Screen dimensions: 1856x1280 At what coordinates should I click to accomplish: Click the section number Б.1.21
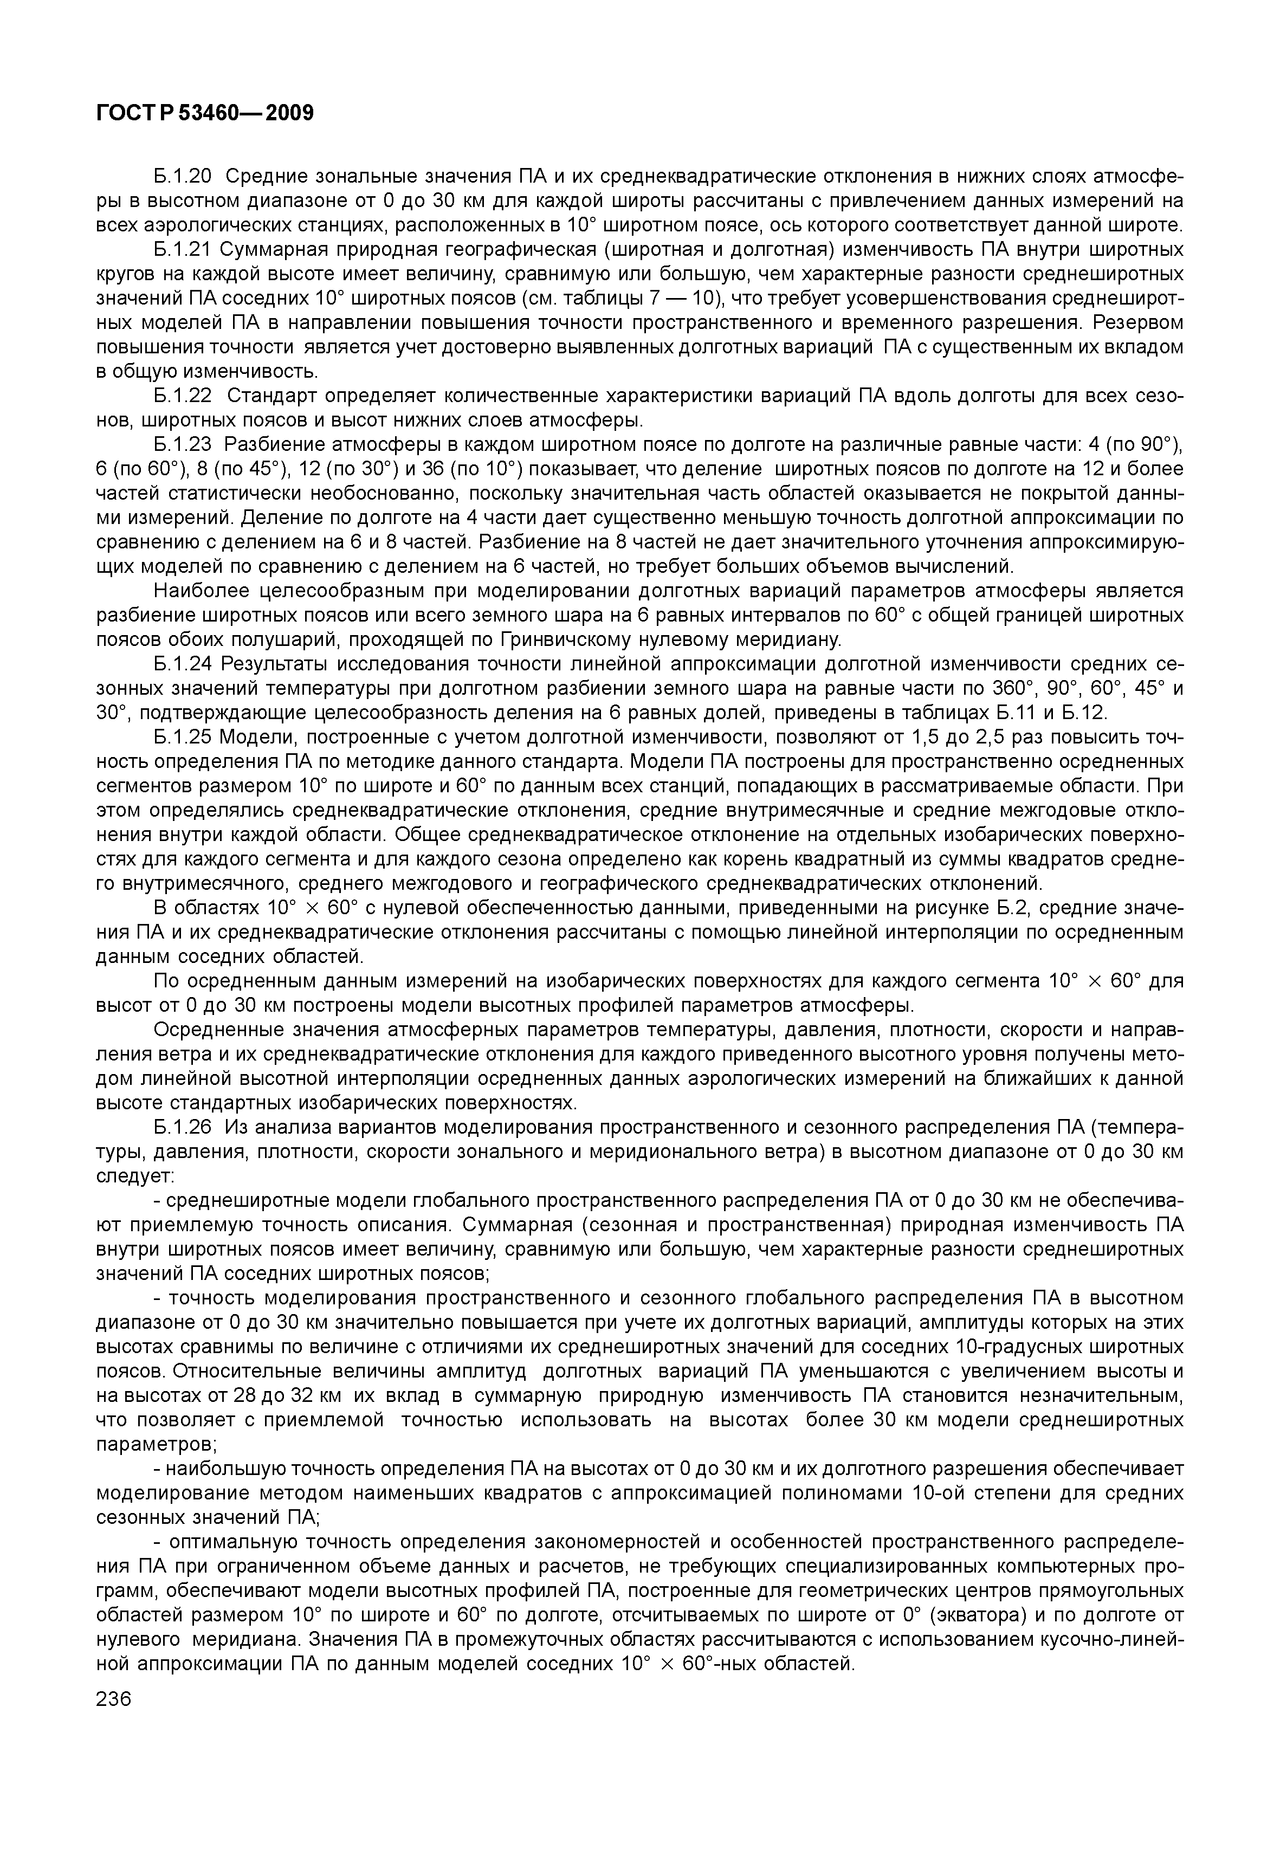(x=181, y=249)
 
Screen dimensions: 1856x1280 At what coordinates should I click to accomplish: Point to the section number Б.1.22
(x=181, y=396)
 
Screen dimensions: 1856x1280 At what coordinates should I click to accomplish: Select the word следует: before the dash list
(x=135, y=1176)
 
